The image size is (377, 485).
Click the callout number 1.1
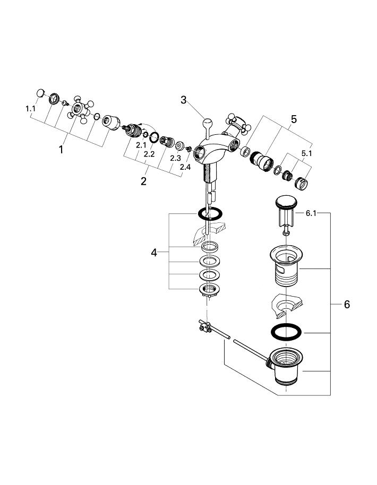30,108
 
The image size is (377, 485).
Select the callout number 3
184,100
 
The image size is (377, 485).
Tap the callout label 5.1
306,153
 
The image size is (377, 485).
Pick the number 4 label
154,253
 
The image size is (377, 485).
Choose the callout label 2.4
184,167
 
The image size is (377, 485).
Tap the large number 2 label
143,181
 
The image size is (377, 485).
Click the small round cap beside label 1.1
40,94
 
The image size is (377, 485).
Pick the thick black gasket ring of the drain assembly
287,333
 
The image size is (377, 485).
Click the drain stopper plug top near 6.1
287,202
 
